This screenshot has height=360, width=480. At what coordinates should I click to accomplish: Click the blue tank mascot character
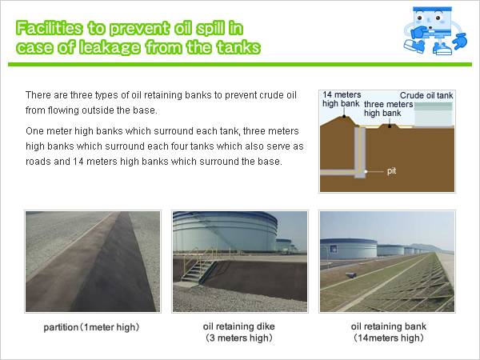click(x=435, y=30)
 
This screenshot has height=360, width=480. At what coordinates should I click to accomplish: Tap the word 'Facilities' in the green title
click(x=49, y=28)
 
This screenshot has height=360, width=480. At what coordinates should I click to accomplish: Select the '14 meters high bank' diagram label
click(x=342, y=99)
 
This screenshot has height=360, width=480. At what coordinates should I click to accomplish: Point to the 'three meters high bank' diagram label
click(x=389, y=109)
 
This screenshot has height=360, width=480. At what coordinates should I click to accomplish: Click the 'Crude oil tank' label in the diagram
click(x=426, y=95)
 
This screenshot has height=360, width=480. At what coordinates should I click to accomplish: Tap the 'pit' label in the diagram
click(x=391, y=171)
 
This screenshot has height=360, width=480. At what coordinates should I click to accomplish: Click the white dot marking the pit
click(x=366, y=171)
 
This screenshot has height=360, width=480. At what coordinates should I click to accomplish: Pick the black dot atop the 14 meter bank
click(x=344, y=116)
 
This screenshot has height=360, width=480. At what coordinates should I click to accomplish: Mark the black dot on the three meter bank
click(x=390, y=126)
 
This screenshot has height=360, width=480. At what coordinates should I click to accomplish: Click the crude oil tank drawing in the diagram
click(x=434, y=114)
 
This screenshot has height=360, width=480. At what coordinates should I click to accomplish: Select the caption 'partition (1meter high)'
click(x=91, y=327)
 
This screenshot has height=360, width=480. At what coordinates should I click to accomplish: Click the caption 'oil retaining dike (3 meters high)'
click(x=238, y=332)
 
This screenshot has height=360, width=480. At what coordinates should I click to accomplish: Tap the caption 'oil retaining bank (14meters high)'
click(x=389, y=332)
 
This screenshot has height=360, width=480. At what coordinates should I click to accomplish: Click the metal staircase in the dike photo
click(x=199, y=266)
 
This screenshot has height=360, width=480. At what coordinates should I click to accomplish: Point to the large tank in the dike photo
click(x=225, y=232)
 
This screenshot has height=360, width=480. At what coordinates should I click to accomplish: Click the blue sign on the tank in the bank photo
click(x=333, y=249)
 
